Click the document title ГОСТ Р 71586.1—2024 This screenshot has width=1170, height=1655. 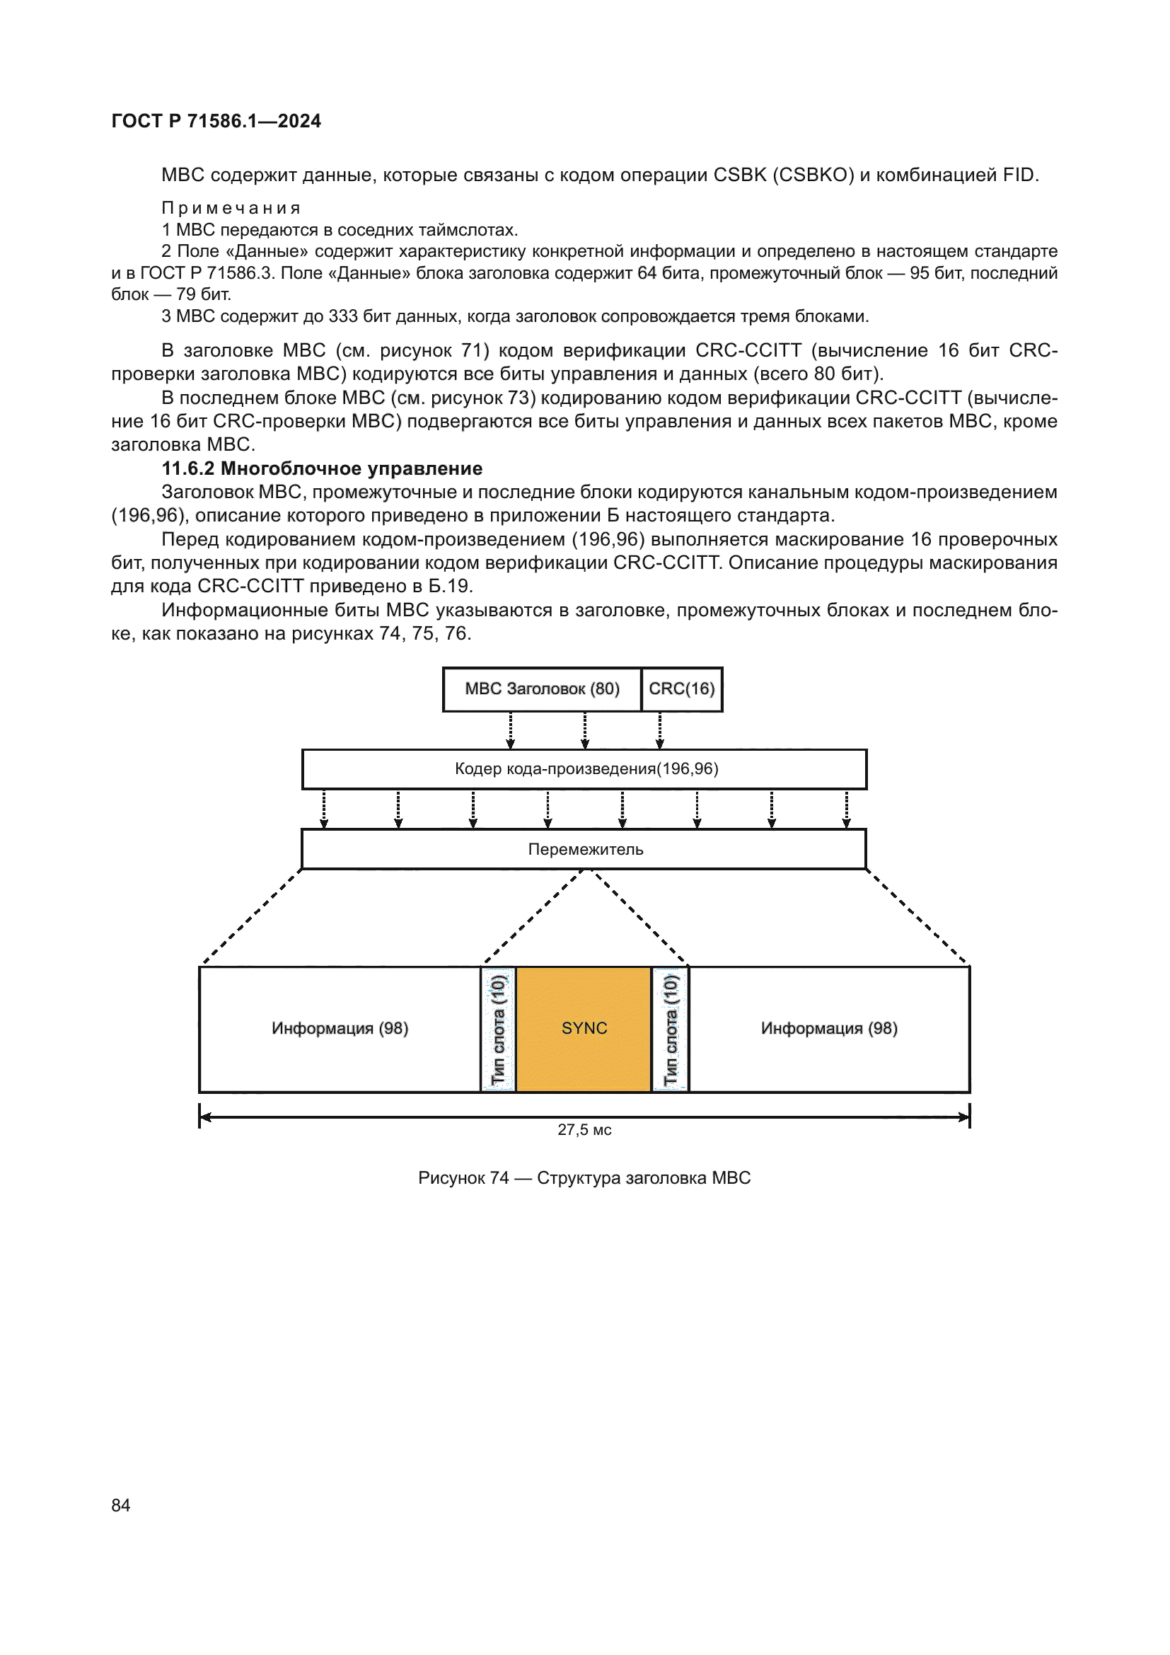coord(216,121)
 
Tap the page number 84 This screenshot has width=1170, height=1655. coord(121,1504)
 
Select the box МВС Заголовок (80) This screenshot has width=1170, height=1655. coord(542,689)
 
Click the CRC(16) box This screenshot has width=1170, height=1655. coord(681,689)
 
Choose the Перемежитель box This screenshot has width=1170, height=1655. coord(584,849)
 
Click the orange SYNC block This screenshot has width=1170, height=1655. coord(584,1029)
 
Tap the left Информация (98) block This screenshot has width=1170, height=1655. coord(340,1029)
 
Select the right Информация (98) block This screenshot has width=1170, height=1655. coord(828,1029)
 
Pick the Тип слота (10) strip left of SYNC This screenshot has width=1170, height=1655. coord(499,1029)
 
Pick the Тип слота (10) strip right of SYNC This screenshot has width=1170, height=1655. coord(671,1029)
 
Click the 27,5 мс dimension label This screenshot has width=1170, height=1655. coord(584,1129)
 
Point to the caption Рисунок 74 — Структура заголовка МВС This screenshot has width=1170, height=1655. coord(584,1178)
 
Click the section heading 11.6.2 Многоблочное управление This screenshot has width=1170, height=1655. coord(322,468)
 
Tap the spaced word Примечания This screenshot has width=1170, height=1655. coord(231,208)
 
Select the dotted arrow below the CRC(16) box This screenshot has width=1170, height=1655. coord(660,730)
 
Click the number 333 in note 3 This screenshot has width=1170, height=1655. coord(343,316)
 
